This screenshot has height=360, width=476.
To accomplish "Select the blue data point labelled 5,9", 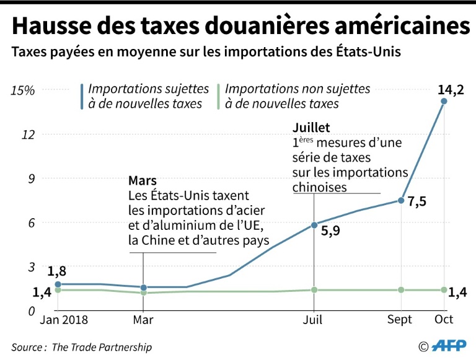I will coord(314,224).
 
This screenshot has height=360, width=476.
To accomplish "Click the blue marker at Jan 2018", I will coord(58,284).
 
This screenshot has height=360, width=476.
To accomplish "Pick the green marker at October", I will coord(444,290).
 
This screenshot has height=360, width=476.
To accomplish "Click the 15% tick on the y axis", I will coord(23,90).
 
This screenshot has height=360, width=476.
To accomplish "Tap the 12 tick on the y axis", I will coord(27,134).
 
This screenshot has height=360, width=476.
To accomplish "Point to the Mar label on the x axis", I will coord(143,320).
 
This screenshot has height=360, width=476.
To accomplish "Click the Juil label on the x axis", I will coord(314,320).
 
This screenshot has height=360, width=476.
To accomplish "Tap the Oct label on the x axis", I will coord(444,320).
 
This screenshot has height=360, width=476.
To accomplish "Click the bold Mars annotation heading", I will coord(143,180).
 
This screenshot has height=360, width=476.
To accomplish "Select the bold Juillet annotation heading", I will coord(312,128).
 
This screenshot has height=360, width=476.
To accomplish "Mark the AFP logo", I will coord(450,346).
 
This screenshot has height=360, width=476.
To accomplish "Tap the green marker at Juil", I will coord(314,290).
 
